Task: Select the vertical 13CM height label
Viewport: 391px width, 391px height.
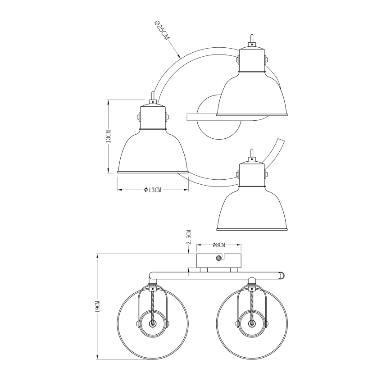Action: (108, 136)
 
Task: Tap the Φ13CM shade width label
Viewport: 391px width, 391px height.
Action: (153, 190)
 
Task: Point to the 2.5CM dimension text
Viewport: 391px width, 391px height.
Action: (190, 237)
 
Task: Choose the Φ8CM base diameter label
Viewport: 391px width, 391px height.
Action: (218, 245)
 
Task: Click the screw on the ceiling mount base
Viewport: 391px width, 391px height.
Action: (218, 258)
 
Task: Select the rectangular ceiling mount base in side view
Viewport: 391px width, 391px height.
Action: (218, 260)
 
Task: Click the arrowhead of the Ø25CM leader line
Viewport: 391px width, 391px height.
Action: (180, 57)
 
